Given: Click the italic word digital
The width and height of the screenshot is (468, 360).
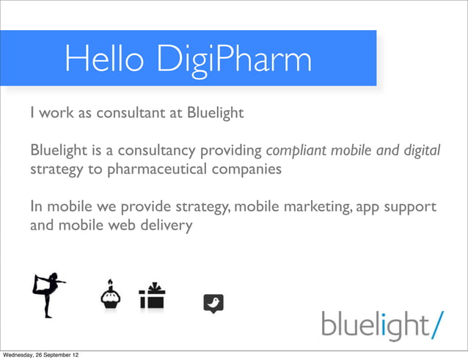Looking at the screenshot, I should pos(421,152).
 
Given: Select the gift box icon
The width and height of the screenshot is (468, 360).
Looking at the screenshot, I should pos(152,295).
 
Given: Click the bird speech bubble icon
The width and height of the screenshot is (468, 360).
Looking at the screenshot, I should pos(213,303).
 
